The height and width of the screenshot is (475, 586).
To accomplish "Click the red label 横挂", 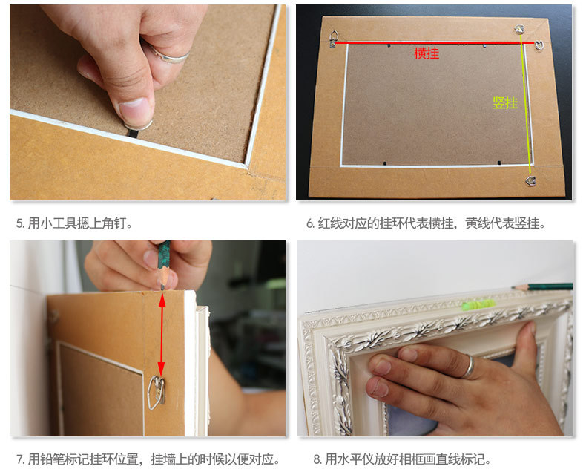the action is [x=427, y=53].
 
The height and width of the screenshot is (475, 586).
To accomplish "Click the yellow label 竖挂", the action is [x=505, y=103].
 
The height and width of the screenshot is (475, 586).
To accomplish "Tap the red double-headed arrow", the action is [x=162, y=335].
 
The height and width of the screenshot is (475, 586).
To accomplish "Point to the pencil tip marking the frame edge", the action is [x=162, y=288].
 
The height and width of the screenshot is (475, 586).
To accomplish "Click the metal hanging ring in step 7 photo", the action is [x=157, y=392].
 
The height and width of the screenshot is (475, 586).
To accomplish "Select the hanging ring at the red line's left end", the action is [x=334, y=39].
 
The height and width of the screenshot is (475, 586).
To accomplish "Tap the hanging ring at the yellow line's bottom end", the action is [x=530, y=181].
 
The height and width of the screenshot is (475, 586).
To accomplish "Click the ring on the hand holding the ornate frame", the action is [x=469, y=367].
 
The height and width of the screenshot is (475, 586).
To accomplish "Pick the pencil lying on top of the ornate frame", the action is [x=542, y=287].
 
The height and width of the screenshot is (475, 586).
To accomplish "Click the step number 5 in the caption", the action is [x=20, y=223].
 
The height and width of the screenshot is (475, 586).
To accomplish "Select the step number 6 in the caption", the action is [x=310, y=223].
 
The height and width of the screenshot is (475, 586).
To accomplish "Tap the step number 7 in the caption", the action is [x=20, y=459].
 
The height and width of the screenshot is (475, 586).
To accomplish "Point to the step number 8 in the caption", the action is [x=317, y=459].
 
